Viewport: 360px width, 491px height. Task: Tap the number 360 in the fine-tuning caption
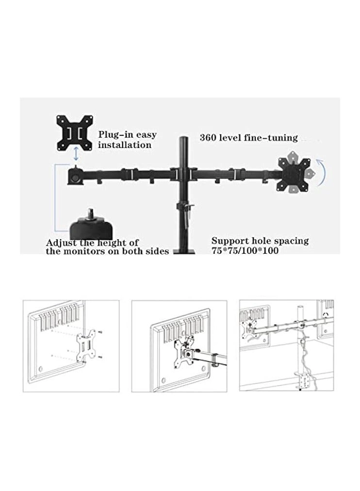[x=209, y=138]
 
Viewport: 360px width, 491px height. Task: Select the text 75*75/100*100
[x=245, y=251]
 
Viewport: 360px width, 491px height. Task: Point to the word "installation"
[x=125, y=145]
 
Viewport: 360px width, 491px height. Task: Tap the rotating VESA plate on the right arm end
[x=295, y=173]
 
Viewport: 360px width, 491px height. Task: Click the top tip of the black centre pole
[x=184, y=139]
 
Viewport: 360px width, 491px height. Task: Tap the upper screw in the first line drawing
[x=100, y=332]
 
